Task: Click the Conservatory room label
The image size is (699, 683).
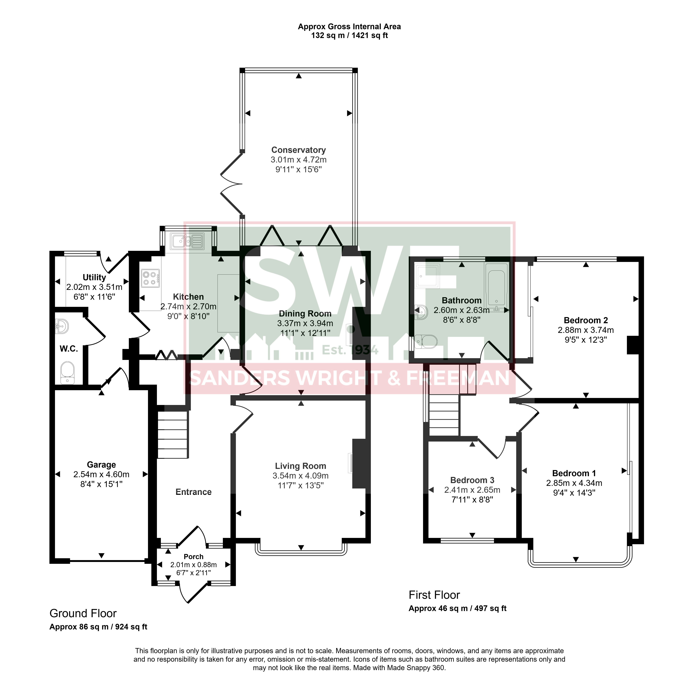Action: tap(298, 150)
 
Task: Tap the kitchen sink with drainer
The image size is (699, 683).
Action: tap(188, 241)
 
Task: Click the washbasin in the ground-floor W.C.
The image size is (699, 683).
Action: tap(62, 326)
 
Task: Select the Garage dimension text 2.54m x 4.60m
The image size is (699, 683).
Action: tap(101, 474)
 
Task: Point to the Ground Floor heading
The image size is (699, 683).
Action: tap(83, 613)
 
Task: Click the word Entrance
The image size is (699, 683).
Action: tap(194, 492)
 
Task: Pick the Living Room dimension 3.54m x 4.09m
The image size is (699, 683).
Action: tap(301, 476)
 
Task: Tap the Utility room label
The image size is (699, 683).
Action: tap(94, 277)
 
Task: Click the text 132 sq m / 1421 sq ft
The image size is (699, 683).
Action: tap(350, 36)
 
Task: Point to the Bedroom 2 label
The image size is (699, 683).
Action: tap(586, 320)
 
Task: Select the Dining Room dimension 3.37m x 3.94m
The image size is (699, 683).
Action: tap(305, 323)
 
